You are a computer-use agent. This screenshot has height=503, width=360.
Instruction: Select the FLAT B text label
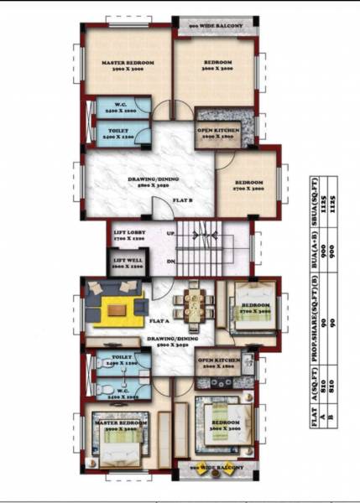[184, 201]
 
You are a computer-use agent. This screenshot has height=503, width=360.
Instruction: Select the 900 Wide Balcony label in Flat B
[216, 26]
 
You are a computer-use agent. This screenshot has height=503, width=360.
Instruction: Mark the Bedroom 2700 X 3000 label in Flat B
[250, 185]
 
